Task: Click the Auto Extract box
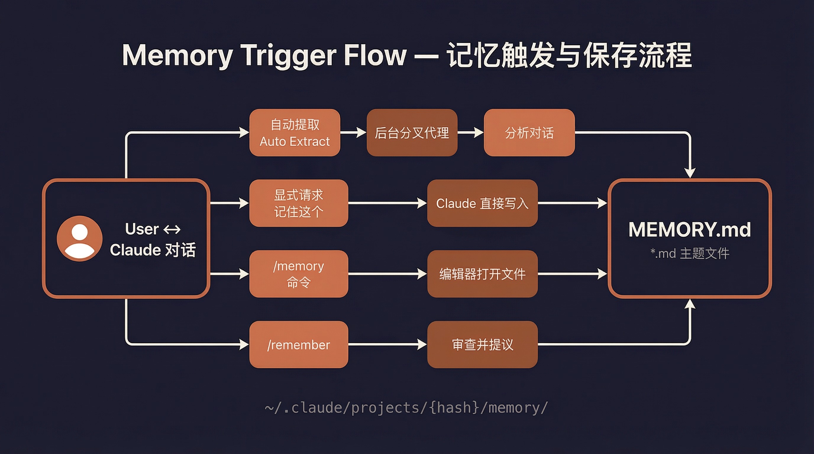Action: pos(295,133)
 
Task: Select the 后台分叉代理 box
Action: pos(412,133)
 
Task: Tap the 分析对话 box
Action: pos(529,133)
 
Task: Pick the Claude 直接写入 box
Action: pos(482,203)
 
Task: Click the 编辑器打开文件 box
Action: pos(482,274)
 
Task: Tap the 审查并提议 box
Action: pos(482,344)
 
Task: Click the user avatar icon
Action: pos(79,238)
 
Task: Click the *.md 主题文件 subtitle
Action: pos(689,253)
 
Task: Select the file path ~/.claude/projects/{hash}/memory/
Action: pos(406,408)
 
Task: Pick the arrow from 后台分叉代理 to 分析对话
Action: pos(471,133)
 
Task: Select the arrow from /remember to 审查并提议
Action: pos(387,344)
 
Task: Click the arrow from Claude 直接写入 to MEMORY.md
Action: pos(572,203)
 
